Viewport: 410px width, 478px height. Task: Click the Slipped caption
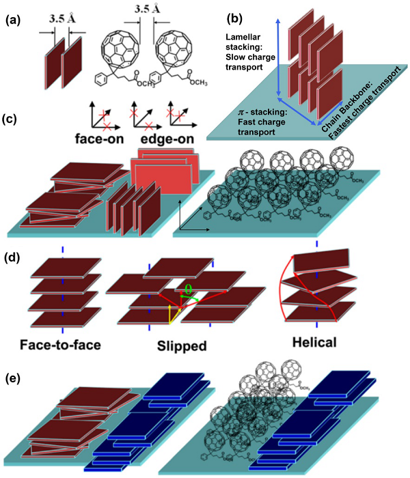tap(180, 346)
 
